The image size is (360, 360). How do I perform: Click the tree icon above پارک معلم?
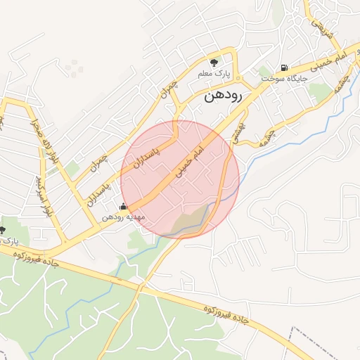[x=214, y=62]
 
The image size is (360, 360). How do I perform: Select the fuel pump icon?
[x=283, y=68]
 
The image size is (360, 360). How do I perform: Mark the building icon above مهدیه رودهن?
[x=124, y=207]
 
